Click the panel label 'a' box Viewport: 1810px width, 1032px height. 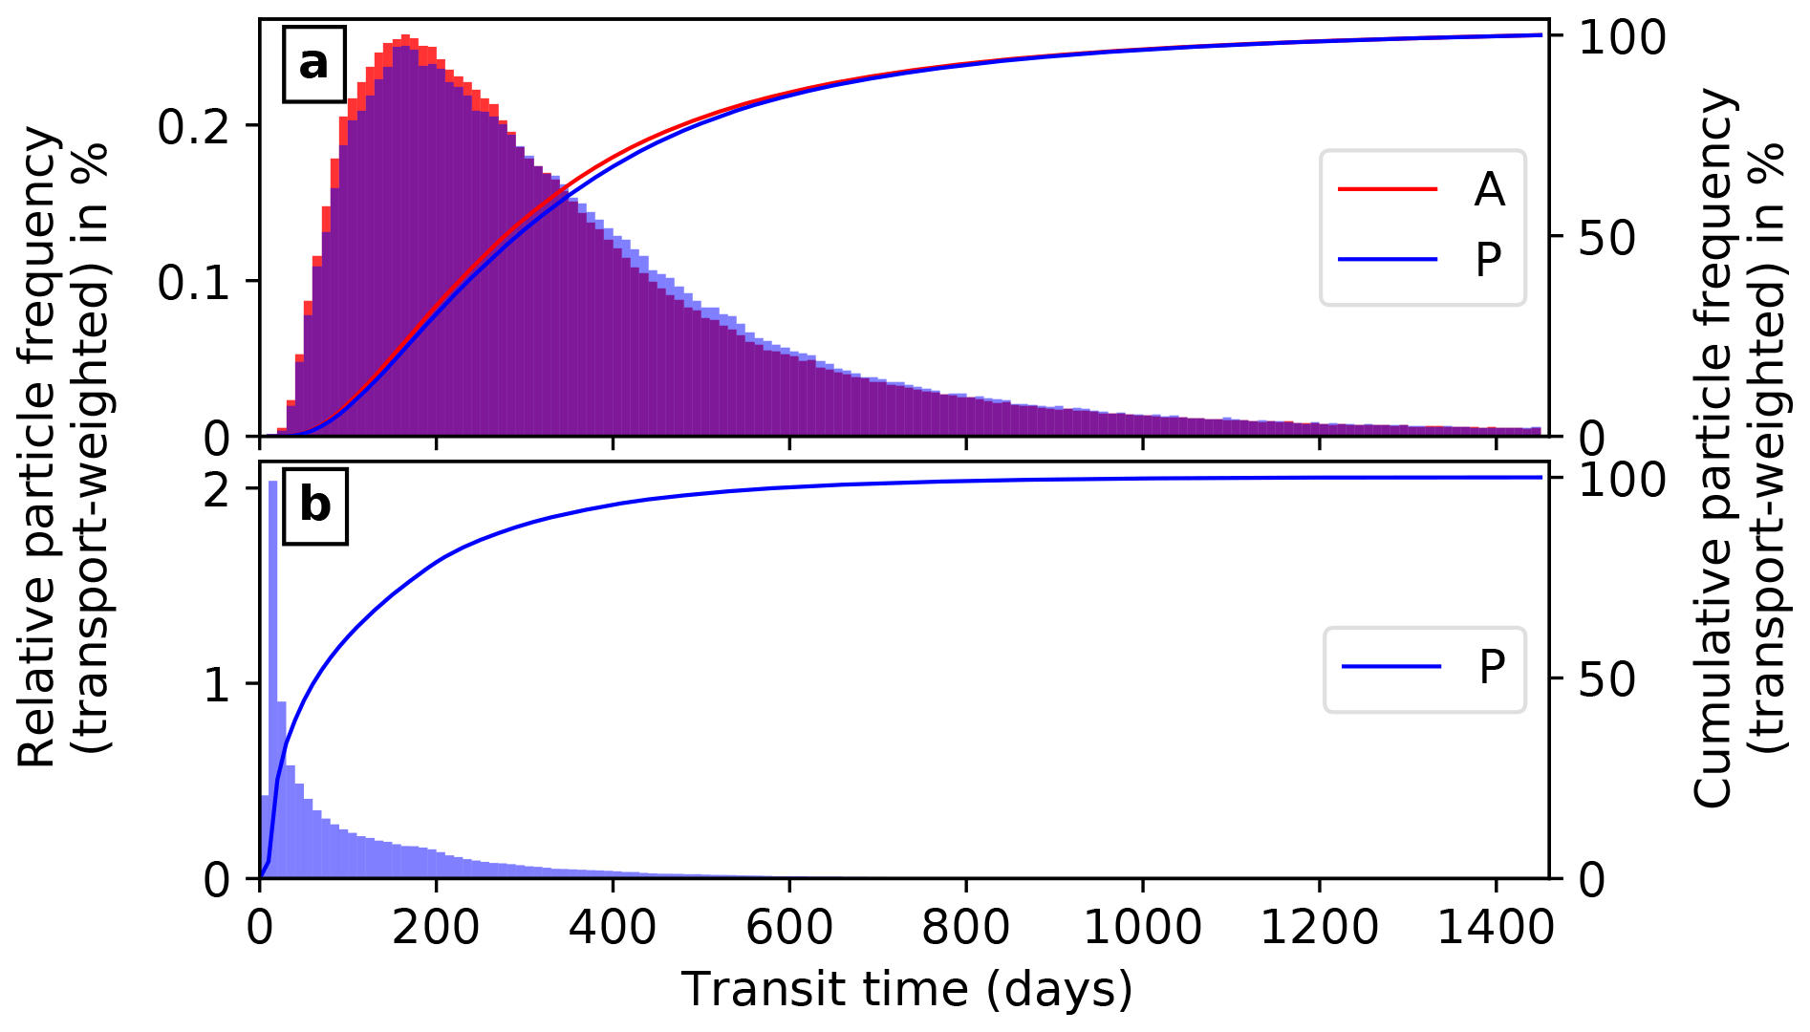click(313, 64)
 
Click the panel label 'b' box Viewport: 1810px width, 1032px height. click(314, 505)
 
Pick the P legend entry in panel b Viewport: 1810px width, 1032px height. click(1424, 667)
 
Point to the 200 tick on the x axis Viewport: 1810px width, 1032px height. click(436, 927)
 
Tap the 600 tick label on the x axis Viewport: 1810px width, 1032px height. click(789, 927)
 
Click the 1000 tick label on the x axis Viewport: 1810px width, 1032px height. click(1143, 927)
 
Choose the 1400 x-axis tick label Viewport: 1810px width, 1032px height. click(1497, 927)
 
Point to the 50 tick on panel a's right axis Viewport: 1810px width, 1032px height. click(1607, 238)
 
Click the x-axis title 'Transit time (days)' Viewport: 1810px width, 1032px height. click(906, 989)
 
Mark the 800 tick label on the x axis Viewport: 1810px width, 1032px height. click(966, 927)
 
